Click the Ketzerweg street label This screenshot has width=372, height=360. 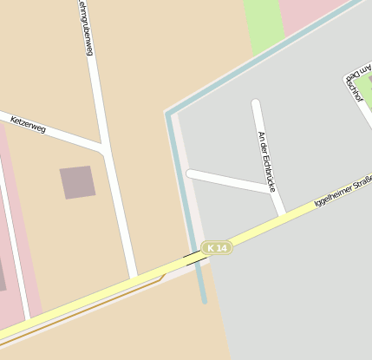[x=29, y=125]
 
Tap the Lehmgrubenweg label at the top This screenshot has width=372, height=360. [x=85, y=28]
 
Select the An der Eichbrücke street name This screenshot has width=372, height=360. [x=266, y=160]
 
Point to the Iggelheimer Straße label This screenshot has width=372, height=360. [x=343, y=193]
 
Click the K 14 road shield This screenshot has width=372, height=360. [x=217, y=248]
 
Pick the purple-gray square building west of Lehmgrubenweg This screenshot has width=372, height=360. [x=77, y=182]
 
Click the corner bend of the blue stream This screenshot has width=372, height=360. [x=167, y=114]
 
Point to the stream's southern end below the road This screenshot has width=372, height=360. [x=205, y=300]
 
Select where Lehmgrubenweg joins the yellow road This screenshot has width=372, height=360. [x=134, y=278]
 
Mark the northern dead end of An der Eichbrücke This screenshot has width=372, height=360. [x=256, y=104]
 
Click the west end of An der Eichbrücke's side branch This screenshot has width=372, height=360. [x=191, y=174]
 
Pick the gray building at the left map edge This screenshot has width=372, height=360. [x=3, y=273]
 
